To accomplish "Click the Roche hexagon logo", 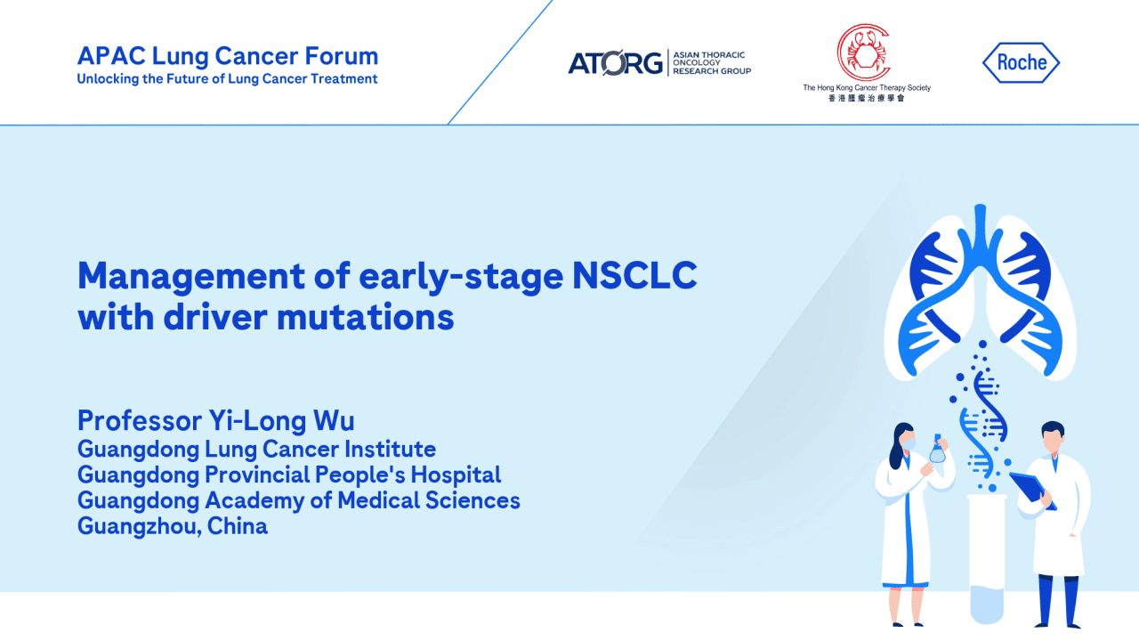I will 1021,62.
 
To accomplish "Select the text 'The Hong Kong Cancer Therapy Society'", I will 866,87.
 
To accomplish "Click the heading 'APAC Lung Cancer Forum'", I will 228,56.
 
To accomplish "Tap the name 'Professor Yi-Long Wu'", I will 215,420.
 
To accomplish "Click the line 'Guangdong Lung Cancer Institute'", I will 256,449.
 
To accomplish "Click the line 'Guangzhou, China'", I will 172,526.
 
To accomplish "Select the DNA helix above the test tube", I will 982,418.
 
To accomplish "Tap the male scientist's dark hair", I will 1052,428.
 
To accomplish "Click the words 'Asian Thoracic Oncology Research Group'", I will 711,63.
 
